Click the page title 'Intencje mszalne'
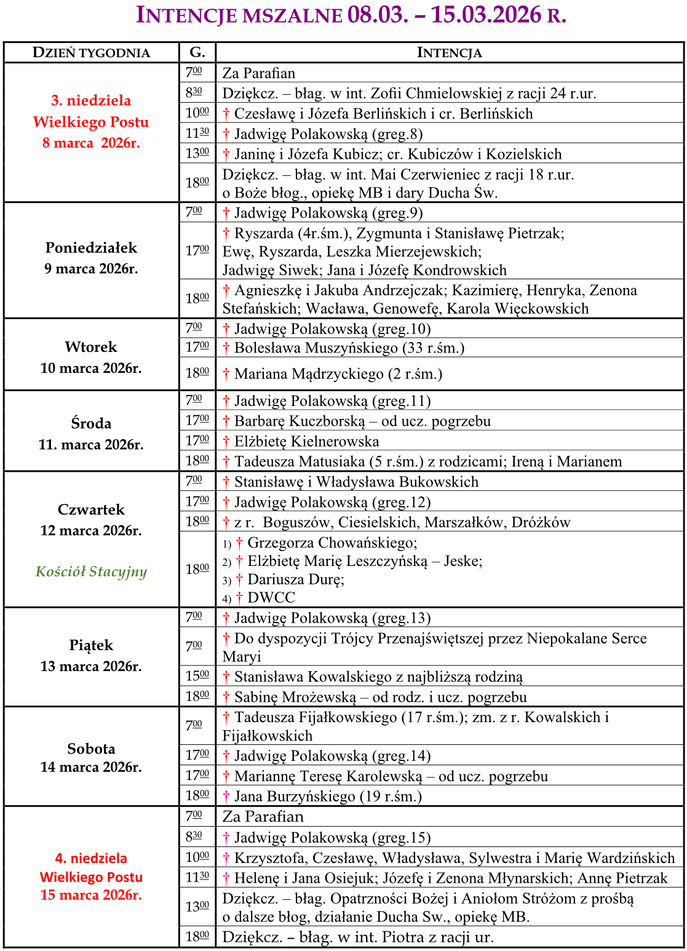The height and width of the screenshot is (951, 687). (x=239, y=15)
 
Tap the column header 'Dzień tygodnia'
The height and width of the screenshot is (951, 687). (x=91, y=53)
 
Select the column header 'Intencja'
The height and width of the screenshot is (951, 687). (x=449, y=53)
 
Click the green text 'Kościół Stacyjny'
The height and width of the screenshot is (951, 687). (x=91, y=571)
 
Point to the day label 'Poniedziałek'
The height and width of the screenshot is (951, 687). (x=91, y=248)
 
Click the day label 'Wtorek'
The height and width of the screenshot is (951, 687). (x=91, y=347)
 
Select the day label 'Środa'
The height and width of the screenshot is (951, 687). (x=91, y=423)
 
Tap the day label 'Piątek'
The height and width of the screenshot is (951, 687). (x=91, y=645)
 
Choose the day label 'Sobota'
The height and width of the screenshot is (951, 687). (x=91, y=749)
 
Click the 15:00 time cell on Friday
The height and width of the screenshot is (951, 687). (x=197, y=676)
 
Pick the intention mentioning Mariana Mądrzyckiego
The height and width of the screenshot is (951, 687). (x=338, y=374)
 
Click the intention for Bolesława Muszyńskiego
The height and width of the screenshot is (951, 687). (x=349, y=348)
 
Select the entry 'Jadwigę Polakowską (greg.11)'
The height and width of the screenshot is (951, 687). (x=332, y=401)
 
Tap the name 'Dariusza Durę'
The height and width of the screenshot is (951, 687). (x=295, y=579)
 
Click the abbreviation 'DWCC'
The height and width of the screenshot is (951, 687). (x=271, y=597)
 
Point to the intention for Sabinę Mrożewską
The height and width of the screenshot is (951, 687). (x=380, y=697)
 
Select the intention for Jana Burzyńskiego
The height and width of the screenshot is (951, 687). (x=327, y=797)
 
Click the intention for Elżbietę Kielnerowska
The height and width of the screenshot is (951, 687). (x=306, y=441)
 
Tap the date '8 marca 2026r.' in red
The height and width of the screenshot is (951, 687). (x=91, y=143)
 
